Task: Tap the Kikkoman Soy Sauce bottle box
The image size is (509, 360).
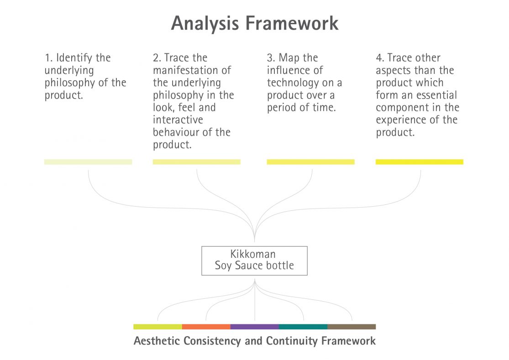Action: point(254,261)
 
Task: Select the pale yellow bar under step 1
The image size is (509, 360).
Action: point(88,162)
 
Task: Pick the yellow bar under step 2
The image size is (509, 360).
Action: point(196,162)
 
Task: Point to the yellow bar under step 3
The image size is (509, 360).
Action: point(310,162)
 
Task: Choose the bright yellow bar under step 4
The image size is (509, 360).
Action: point(419,162)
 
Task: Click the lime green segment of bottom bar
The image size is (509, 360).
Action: point(157,327)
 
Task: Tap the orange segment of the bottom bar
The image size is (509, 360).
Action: point(206,327)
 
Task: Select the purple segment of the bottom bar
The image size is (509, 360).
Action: point(254,327)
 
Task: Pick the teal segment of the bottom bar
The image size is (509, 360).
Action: point(303,327)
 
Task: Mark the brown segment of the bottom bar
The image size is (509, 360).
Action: point(351,327)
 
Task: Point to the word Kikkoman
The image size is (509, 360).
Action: point(253,255)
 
